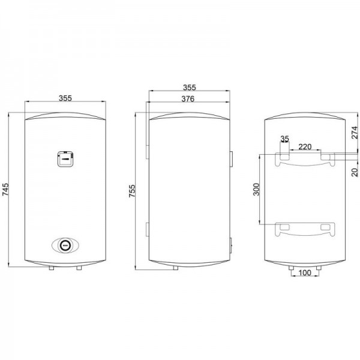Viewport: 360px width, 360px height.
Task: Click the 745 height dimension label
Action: coord(5,190)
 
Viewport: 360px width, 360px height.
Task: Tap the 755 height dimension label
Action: coord(132,191)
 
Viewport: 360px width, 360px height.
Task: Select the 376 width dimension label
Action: coord(188,99)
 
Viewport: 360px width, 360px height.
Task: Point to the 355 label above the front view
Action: coord(65,98)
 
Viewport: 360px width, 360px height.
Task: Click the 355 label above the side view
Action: coord(190,88)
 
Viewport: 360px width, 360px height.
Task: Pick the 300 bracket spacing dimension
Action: coord(256,190)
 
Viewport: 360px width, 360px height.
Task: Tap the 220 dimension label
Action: coord(305,147)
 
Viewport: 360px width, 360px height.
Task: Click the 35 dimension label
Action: coord(284,139)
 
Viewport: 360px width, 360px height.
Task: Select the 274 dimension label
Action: coord(355,132)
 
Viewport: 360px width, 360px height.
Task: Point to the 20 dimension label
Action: coord(355,172)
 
